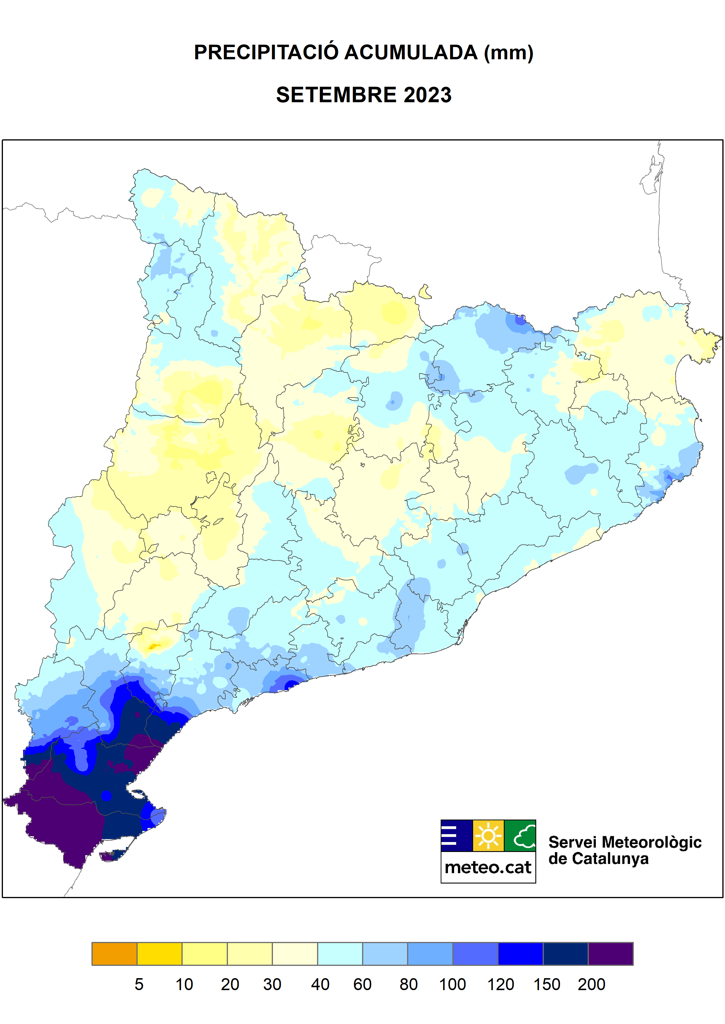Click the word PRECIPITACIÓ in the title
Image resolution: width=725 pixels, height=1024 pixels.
(266, 53)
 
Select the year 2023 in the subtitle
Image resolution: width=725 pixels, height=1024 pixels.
(428, 95)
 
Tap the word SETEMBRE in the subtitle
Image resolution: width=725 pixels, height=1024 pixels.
(336, 95)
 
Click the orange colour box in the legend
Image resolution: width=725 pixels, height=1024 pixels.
(114, 954)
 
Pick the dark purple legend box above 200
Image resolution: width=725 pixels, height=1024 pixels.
(610, 954)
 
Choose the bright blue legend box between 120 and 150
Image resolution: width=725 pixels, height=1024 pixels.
(520, 954)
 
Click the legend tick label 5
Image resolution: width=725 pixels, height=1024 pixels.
(139, 984)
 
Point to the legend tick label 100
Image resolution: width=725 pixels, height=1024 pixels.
(452, 984)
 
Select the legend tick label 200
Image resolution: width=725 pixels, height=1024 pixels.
(591, 984)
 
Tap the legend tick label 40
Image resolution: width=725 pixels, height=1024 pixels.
(320, 984)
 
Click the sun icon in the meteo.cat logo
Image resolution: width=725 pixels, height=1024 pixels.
(488, 836)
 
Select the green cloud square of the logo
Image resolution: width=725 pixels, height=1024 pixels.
(520, 836)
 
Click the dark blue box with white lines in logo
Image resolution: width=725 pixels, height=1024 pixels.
(456, 836)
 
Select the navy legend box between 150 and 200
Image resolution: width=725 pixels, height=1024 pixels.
(565, 954)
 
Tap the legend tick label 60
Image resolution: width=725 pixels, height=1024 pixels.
(362, 984)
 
